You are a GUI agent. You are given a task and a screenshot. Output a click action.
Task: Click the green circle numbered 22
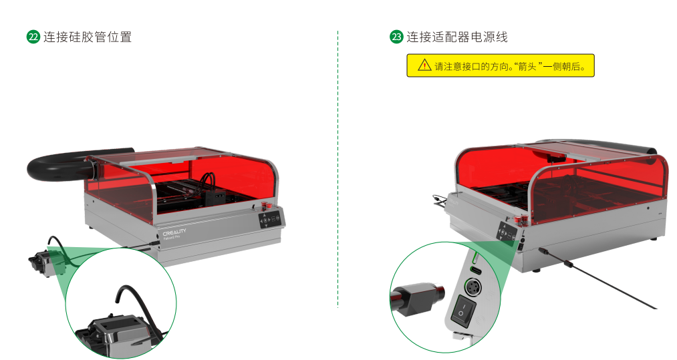pos(33,37)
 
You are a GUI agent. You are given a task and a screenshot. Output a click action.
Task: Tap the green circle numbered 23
pos(396,37)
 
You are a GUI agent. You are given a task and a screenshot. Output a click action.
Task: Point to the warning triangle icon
pos(424,65)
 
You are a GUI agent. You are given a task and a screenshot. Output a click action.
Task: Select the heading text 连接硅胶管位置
pos(88,37)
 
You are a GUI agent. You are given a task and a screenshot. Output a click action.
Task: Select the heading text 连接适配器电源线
pos(457,37)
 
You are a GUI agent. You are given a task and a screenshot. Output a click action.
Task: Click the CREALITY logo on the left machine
pos(174,232)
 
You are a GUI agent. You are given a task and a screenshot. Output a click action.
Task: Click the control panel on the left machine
pos(270,220)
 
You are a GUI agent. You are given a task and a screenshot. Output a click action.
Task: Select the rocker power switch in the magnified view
pos(463,310)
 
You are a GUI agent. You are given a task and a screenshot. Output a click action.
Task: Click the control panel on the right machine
pos(507,232)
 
